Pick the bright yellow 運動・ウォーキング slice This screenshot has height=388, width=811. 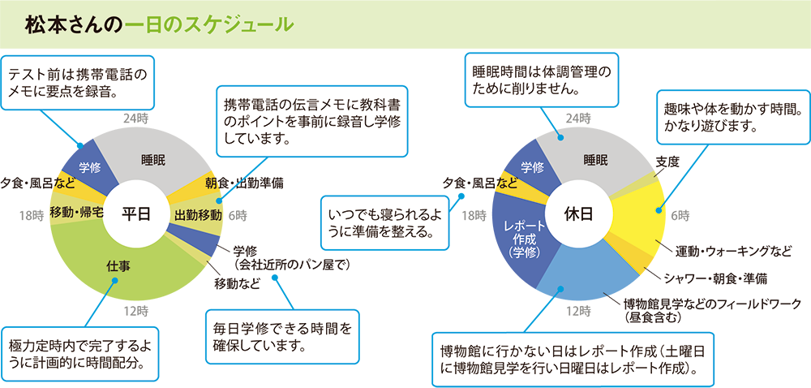pos(641,215)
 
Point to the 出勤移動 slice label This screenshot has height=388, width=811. pos(198,214)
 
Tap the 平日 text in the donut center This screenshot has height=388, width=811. pos(136,213)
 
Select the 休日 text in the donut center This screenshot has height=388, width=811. pos(578,213)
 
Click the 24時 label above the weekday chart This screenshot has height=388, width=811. pos(135,119)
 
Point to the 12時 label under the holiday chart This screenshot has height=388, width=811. pos(578,312)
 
